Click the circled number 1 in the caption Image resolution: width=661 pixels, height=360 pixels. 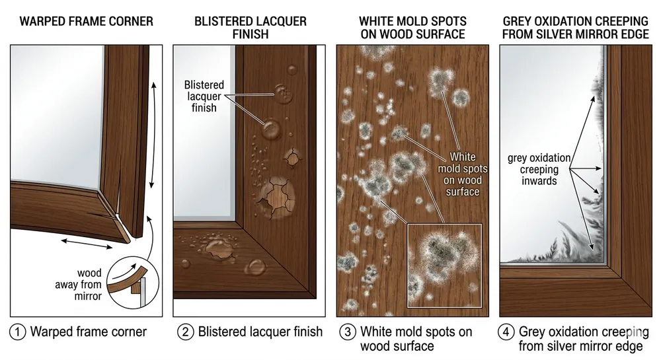pyautogui.click(x=18, y=332)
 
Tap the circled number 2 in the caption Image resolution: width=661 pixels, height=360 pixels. pyautogui.click(x=186, y=332)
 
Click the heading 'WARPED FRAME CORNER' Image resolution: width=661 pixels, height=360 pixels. pyautogui.click(x=86, y=22)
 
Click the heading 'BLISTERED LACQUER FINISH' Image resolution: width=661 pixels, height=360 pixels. pyautogui.click(x=251, y=28)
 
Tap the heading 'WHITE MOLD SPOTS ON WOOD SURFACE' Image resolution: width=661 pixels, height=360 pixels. pyautogui.click(x=412, y=28)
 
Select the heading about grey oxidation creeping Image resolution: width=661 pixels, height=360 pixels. pyautogui.click(x=575, y=28)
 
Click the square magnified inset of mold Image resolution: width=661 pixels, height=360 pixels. pyautogui.click(x=444, y=266)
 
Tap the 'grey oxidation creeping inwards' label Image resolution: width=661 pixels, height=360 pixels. pyautogui.click(x=538, y=169)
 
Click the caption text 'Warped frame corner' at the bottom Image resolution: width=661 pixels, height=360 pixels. pyautogui.click(x=88, y=332)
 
